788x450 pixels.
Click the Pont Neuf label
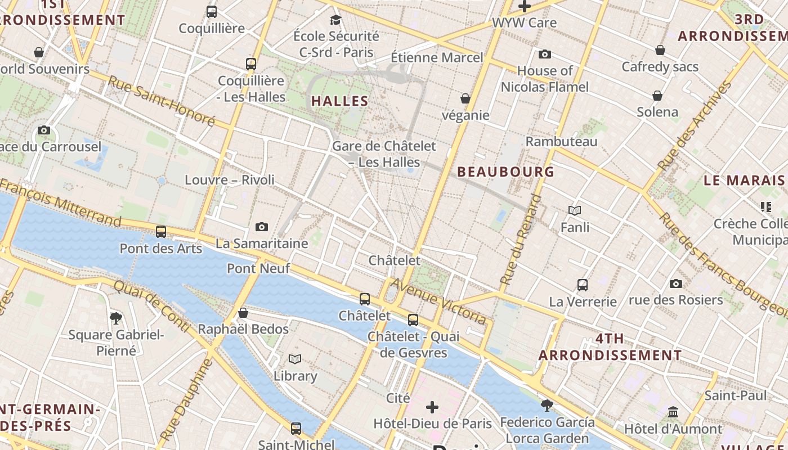258,268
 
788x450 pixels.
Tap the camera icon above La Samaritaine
262,227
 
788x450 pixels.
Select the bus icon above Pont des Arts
161,231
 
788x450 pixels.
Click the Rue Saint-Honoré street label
162,101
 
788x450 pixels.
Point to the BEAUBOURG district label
505,172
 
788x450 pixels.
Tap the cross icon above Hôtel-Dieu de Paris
432,407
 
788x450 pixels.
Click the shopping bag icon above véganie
465,98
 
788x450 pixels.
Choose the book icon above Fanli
575,210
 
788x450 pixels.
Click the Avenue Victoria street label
438,301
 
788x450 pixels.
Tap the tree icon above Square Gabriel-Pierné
116,318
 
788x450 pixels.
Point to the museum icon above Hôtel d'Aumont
673,412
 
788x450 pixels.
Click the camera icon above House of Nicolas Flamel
544,55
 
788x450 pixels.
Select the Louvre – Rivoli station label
230,180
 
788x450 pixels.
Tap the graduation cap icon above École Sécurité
336,20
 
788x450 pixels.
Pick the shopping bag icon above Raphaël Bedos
243,313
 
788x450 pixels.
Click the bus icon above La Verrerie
583,285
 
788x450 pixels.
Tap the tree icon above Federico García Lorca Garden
547,405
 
